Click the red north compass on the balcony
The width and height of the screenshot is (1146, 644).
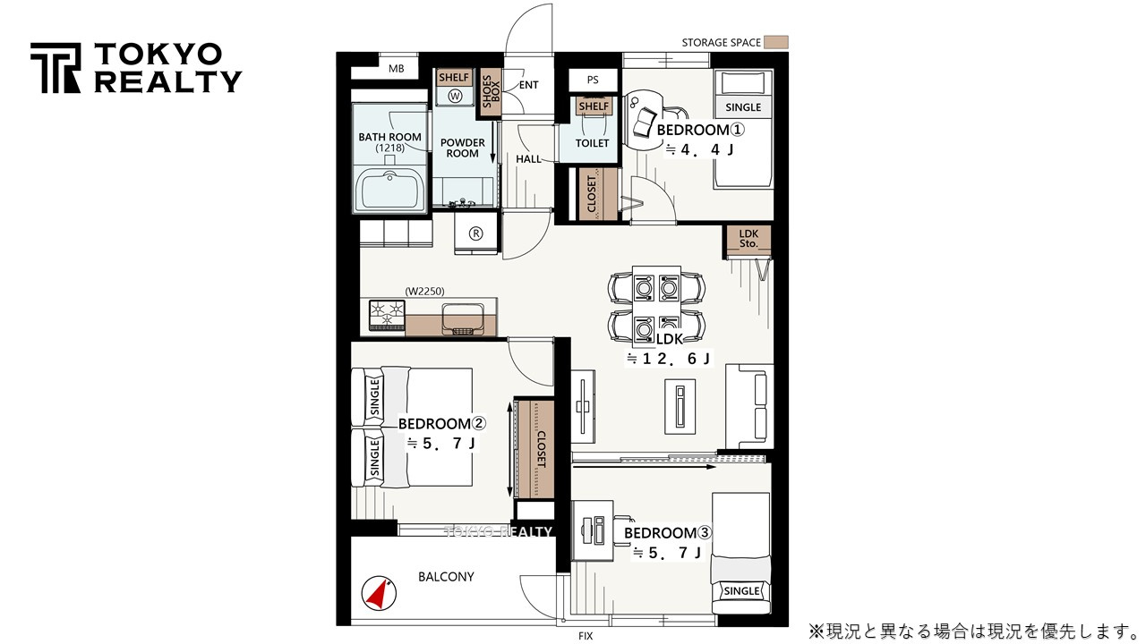click(x=379, y=593)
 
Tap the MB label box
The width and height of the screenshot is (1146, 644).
click(x=396, y=69)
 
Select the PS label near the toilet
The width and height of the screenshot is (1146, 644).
click(x=593, y=80)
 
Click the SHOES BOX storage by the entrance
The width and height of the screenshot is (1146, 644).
click(x=489, y=91)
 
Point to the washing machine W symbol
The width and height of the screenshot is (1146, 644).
click(x=454, y=96)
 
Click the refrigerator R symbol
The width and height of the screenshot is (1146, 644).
click(x=475, y=233)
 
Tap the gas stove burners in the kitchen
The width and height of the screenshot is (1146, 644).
click(x=387, y=315)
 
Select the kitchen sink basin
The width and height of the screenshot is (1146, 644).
click(x=463, y=318)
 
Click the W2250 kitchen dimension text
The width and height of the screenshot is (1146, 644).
click(x=424, y=292)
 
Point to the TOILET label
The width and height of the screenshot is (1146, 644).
click(x=592, y=143)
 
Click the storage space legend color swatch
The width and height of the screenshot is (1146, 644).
click(x=775, y=42)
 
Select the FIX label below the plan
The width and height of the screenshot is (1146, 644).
click(x=586, y=636)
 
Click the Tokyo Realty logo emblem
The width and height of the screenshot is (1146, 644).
click(x=56, y=68)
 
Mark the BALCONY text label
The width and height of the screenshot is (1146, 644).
click(x=446, y=577)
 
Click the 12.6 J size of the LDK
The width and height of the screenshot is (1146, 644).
click(x=668, y=359)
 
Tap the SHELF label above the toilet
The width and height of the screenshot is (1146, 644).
click(x=594, y=106)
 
